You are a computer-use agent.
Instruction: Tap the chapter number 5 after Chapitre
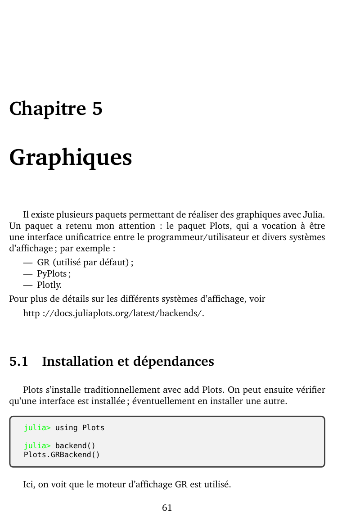(x=97, y=109)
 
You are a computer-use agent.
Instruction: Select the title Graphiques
(x=71, y=158)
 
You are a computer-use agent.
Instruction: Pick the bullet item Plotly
(x=49, y=285)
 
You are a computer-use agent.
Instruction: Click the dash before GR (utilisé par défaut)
(x=28, y=262)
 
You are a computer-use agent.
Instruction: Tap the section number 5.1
(x=19, y=361)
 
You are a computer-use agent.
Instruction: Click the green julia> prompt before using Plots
(x=37, y=427)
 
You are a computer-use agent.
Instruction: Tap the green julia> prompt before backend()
(x=37, y=446)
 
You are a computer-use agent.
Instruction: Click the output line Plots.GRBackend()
(x=62, y=454)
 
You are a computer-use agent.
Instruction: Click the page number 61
(x=167, y=508)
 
